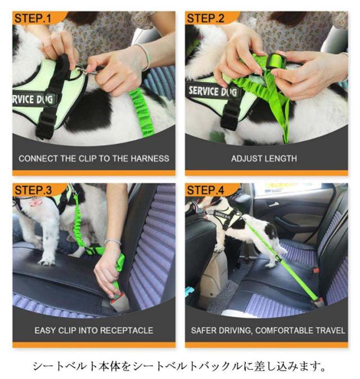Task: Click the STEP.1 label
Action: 33,19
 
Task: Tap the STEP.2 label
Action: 206,19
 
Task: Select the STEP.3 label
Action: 33,190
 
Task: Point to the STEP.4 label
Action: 206,190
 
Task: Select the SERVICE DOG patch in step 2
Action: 213,91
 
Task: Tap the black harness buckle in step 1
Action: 46,124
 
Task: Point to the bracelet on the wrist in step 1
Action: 145,56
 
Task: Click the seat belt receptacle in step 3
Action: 120,302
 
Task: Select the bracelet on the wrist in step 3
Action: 112,242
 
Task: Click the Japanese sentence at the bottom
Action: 179,366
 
